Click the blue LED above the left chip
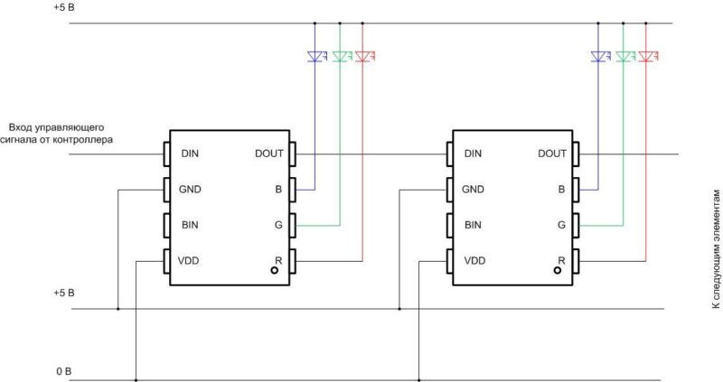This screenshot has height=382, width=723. [x=315, y=56]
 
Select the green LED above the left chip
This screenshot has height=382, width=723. [x=339, y=56]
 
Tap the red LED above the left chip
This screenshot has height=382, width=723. [x=361, y=56]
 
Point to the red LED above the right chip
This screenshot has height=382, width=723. [x=646, y=56]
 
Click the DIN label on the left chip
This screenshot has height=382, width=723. [x=190, y=154]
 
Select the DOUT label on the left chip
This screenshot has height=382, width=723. [x=269, y=154]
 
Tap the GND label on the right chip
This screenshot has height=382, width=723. [x=473, y=190]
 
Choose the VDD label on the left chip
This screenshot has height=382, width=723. [x=190, y=261]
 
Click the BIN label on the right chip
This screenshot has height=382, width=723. [x=472, y=225]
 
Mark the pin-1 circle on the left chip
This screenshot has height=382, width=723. [x=277, y=271]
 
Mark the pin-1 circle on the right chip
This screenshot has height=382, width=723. [x=560, y=271]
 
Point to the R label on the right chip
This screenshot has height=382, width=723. [x=562, y=260]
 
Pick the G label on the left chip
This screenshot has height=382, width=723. [x=278, y=225]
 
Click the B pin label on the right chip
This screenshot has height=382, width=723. [x=562, y=190]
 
